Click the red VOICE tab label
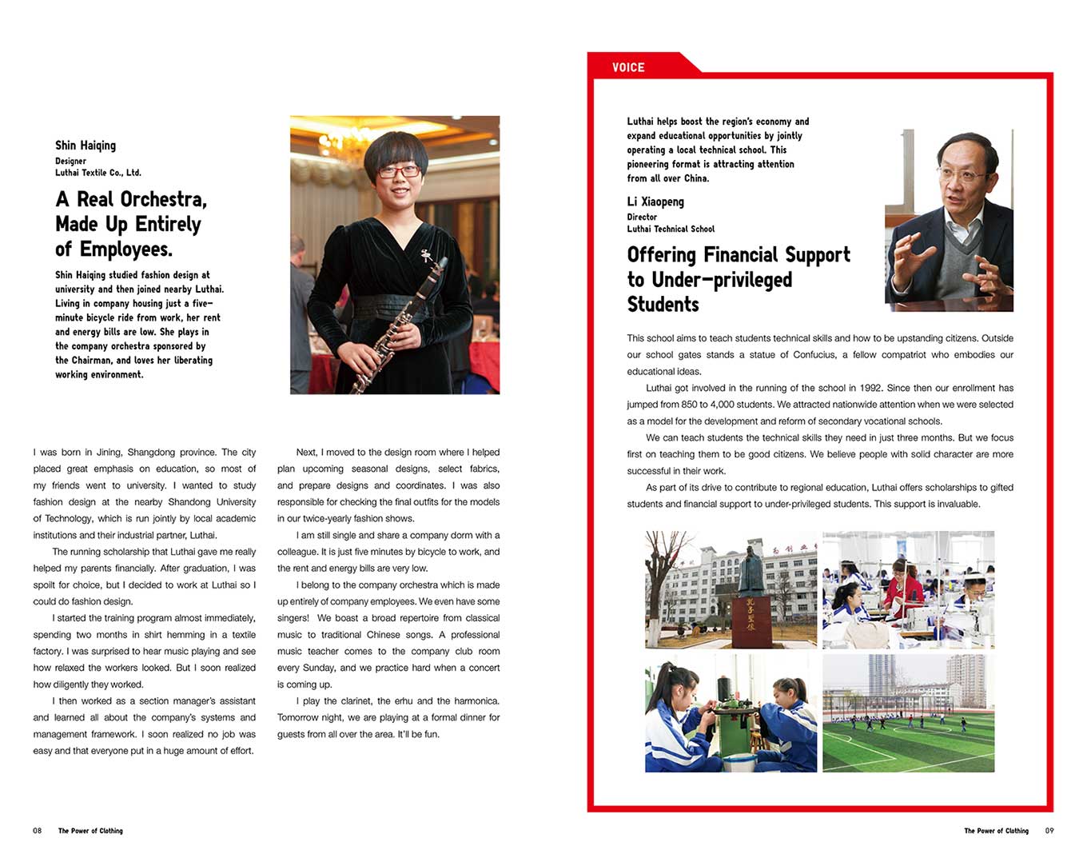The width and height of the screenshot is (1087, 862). coord(628,67)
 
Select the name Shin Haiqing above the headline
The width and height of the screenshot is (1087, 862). coord(86,145)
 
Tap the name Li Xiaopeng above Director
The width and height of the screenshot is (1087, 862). coord(655,202)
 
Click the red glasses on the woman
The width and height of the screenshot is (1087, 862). coord(398,171)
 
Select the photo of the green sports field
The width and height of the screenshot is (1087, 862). coord(908,713)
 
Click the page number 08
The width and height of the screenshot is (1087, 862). coord(37,831)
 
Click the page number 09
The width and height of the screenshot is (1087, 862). coord(1049,831)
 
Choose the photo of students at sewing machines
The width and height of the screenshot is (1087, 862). coord(908,589)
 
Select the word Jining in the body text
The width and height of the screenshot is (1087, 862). coord(109,453)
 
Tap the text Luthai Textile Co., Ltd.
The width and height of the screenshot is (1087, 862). coord(98,173)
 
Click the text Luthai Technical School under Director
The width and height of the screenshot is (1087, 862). coord(671,229)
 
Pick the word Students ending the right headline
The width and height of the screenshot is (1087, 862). coord(663,305)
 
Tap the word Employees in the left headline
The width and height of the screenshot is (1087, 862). coord(125,249)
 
